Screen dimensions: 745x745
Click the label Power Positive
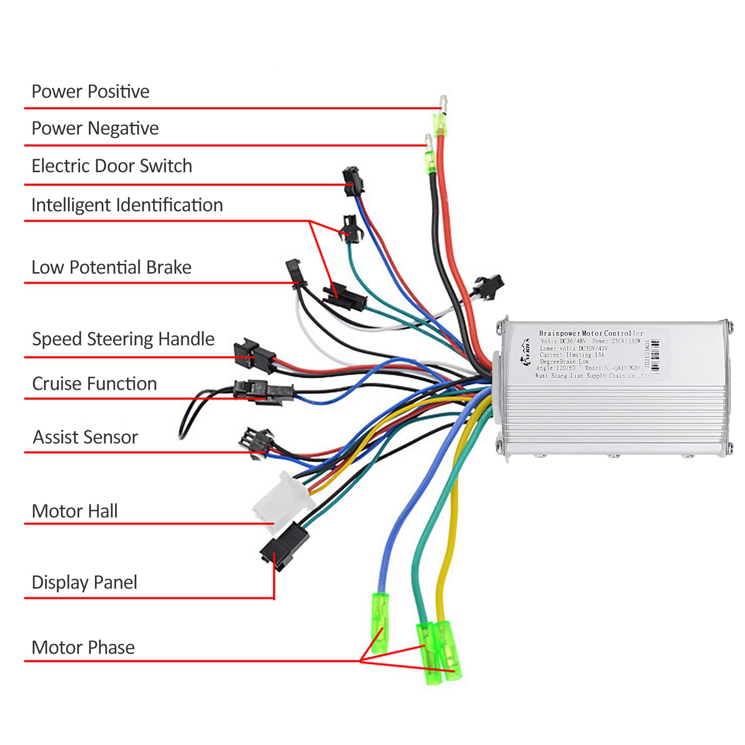pyautogui.click(x=90, y=92)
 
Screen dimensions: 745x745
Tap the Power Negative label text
pyautogui.click(x=95, y=128)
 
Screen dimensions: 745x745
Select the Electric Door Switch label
pyautogui.click(x=112, y=166)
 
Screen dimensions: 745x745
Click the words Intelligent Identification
pyautogui.click(x=127, y=205)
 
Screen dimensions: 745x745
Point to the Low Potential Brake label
pyautogui.click(x=111, y=268)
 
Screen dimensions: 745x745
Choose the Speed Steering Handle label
pyautogui.click(x=123, y=339)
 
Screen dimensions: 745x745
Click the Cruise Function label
pyautogui.click(x=94, y=384)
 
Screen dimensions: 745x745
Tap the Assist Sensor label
pyautogui.click(x=85, y=437)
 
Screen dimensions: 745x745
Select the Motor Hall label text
pyautogui.click(x=74, y=511)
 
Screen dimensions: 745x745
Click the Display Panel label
pyautogui.click(x=84, y=583)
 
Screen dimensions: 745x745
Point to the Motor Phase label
pyautogui.click(x=83, y=648)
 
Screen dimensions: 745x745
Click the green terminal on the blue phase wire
pyautogui.click(x=380, y=623)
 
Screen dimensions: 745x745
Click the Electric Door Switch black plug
pyautogui.click(x=353, y=181)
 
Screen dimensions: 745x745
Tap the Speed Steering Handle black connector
pyautogui.click(x=255, y=355)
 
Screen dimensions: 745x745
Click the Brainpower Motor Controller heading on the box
pyautogui.click(x=591, y=333)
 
